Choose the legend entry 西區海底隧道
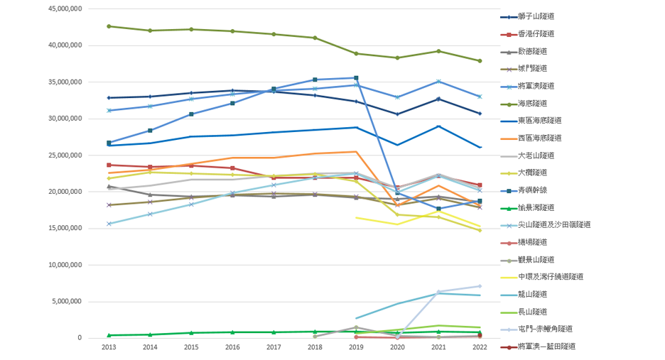(x=540, y=138)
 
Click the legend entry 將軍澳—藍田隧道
(x=542, y=346)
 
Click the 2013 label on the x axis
(x=109, y=347)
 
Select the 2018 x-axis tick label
(x=315, y=347)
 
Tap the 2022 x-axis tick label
(x=480, y=347)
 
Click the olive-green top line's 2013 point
(x=109, y=26)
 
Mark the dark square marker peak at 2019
(x=356, y=78)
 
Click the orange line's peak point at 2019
(x=356, y=152)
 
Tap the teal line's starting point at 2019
(x=356, y=318)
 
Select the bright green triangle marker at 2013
(x=109, y=335)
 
